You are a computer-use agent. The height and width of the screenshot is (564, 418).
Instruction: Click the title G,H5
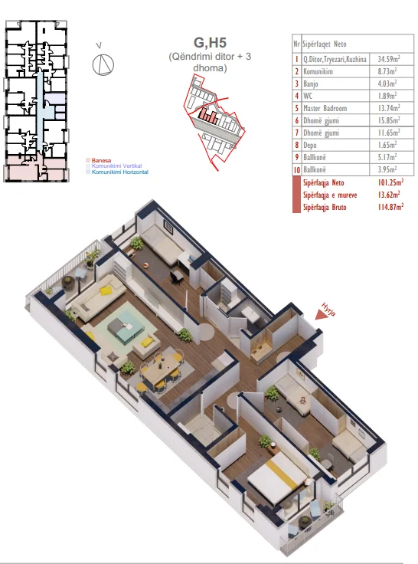coord(210,42)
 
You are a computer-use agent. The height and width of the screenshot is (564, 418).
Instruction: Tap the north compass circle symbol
coord(103,64)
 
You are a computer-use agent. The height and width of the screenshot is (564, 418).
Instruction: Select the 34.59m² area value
coord(389,59)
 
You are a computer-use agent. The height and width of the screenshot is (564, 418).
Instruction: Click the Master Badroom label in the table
coord(325,108)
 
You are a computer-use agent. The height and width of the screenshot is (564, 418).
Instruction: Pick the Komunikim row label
coord(318,71)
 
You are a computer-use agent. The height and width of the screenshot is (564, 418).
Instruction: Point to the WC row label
coord(308,96)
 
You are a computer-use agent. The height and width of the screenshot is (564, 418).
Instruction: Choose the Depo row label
coord(310,145)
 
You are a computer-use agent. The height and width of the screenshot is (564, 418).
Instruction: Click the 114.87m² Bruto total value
coord(390,207)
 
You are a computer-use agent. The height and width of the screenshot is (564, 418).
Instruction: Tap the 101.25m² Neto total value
coord(390,182)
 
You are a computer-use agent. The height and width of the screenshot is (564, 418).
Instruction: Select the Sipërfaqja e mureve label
coord(330,195)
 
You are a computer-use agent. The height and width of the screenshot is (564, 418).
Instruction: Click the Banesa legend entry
coord(101,160)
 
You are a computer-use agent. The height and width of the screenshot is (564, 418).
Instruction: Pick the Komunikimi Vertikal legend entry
coord(116,166)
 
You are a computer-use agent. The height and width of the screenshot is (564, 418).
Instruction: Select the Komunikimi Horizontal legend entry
coord(119,172)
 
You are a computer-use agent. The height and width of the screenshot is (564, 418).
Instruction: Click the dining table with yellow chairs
coord(160,370)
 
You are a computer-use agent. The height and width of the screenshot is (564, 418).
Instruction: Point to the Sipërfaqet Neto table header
coord(324,44)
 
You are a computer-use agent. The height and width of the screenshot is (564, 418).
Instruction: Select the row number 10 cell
coord(297,170)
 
